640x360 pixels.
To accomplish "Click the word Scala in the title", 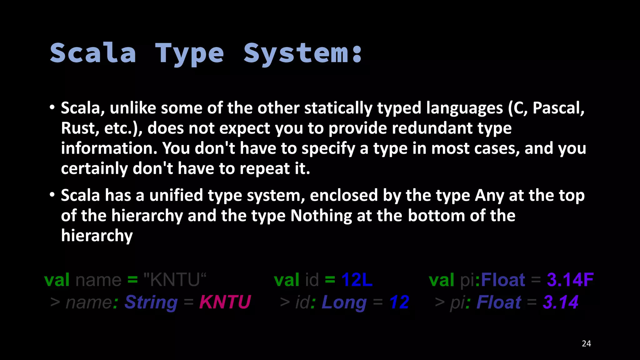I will (93, 53).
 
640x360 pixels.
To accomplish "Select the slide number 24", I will (586, 343).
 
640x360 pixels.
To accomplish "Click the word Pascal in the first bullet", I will (558, 108).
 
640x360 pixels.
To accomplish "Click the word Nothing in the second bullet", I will (321, 216).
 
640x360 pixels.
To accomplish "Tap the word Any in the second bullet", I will (489, 196).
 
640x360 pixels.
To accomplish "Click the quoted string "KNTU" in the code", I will (175, 279).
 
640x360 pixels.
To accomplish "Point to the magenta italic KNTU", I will (225, 302).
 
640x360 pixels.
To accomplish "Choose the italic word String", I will (151, 302).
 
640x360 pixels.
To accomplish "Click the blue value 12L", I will (357, 279).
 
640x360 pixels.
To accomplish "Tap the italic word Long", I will (344, 302).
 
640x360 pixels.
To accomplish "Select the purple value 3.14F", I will (570, 279).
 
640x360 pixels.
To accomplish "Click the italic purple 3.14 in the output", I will (561, 302).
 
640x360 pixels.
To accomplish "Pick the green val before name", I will (57, 279).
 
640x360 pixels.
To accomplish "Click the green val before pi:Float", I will (441, 279).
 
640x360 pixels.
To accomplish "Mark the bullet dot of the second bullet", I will (52, 195).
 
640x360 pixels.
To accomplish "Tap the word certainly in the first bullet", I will (94, 169).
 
